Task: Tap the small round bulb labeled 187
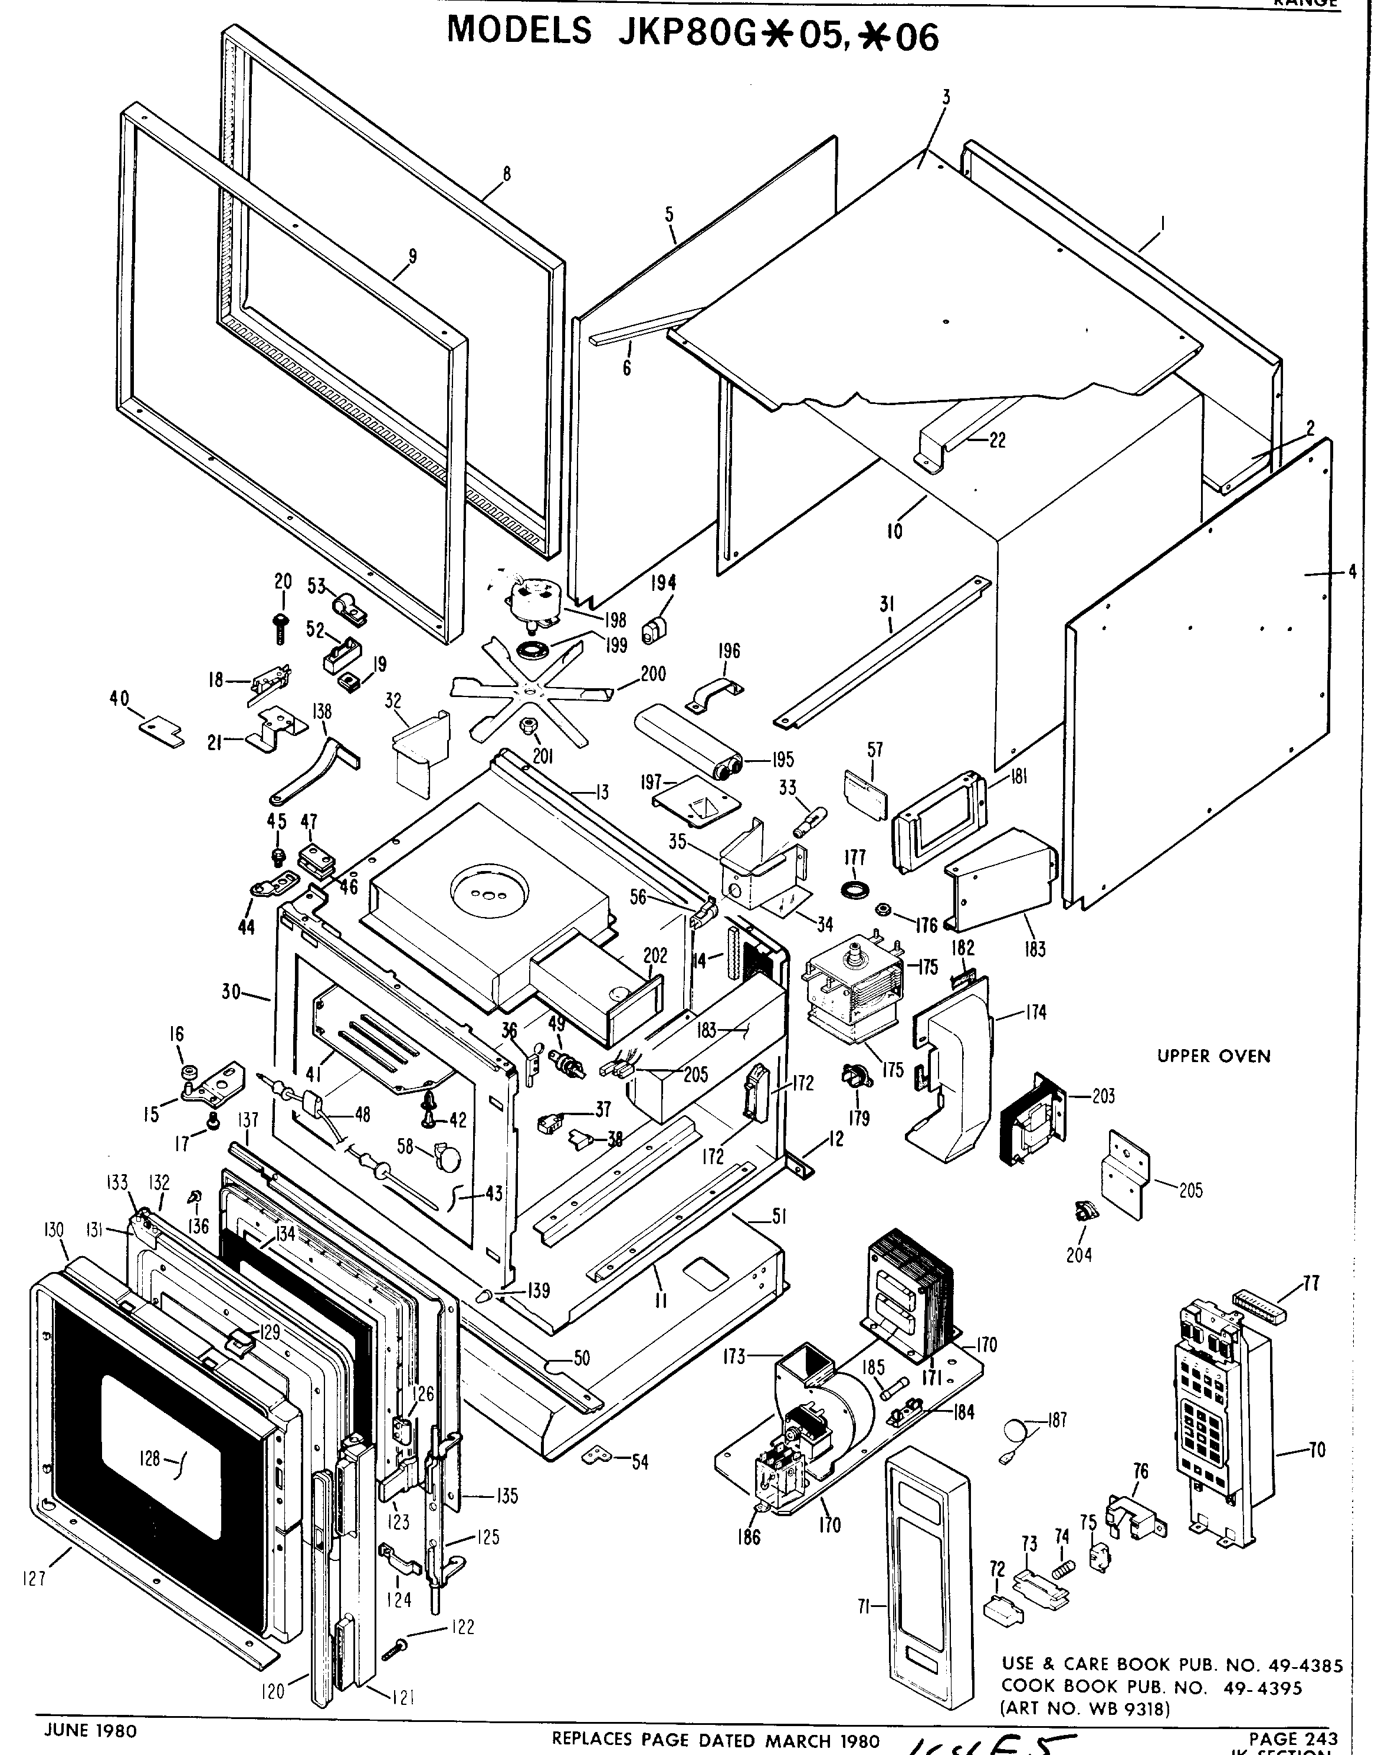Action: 1014,1433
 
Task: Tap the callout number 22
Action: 997,441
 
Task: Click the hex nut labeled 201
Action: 527,726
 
